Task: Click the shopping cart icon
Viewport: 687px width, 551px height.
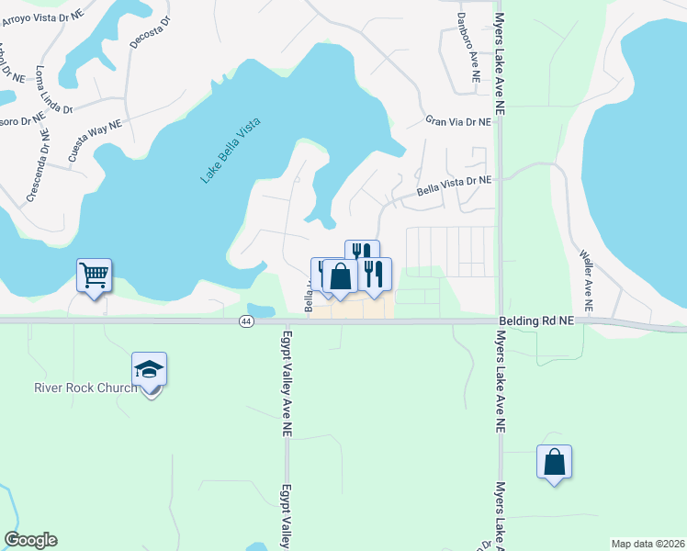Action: coord(94,274)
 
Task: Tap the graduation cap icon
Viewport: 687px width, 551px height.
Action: coord(149,369)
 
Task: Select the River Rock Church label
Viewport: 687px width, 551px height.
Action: coord(85,387)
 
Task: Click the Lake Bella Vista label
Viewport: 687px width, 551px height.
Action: coord(231,151)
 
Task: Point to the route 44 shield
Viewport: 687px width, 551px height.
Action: coord(246,321)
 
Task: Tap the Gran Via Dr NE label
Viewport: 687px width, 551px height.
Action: coord(459,121)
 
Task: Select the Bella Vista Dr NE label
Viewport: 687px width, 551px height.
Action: coord(455,187)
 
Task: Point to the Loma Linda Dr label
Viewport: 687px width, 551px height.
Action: coord(53,89)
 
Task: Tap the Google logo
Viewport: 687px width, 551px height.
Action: coord(30,540)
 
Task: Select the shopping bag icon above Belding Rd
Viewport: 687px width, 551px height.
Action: coord(340,276)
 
